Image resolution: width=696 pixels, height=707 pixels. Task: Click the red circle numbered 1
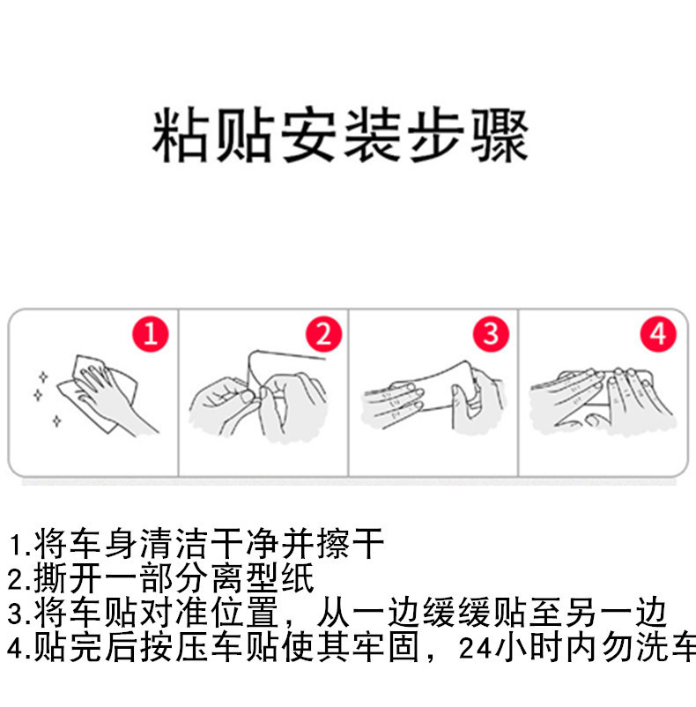[151, 334]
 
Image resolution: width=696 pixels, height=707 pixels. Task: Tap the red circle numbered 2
[322, 334]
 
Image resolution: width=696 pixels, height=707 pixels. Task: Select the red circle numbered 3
[491, 334]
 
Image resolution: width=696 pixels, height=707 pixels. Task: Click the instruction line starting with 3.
[340, 614]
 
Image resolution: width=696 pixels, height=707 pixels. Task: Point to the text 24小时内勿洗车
[577, 650]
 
